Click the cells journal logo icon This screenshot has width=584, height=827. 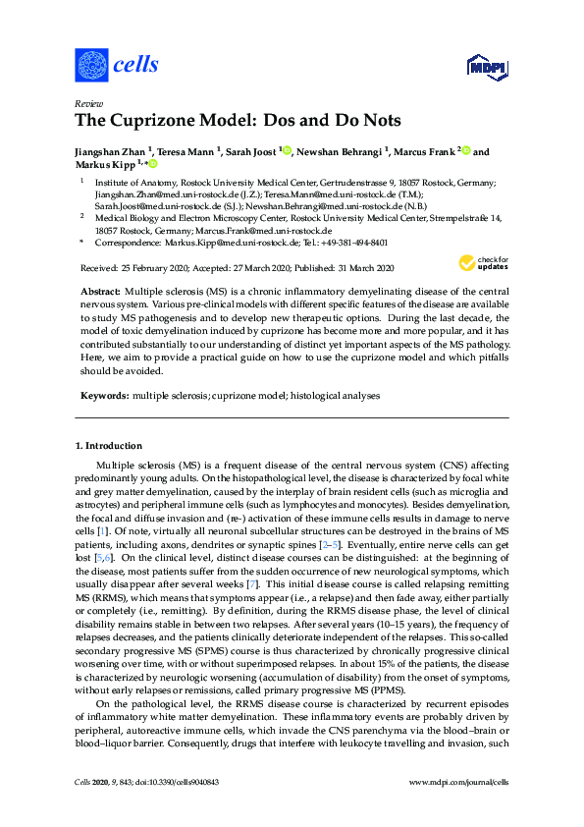[91, 66]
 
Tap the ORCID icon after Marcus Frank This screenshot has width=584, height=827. [466, 151]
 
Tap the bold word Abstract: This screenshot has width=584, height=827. [101, 293]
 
